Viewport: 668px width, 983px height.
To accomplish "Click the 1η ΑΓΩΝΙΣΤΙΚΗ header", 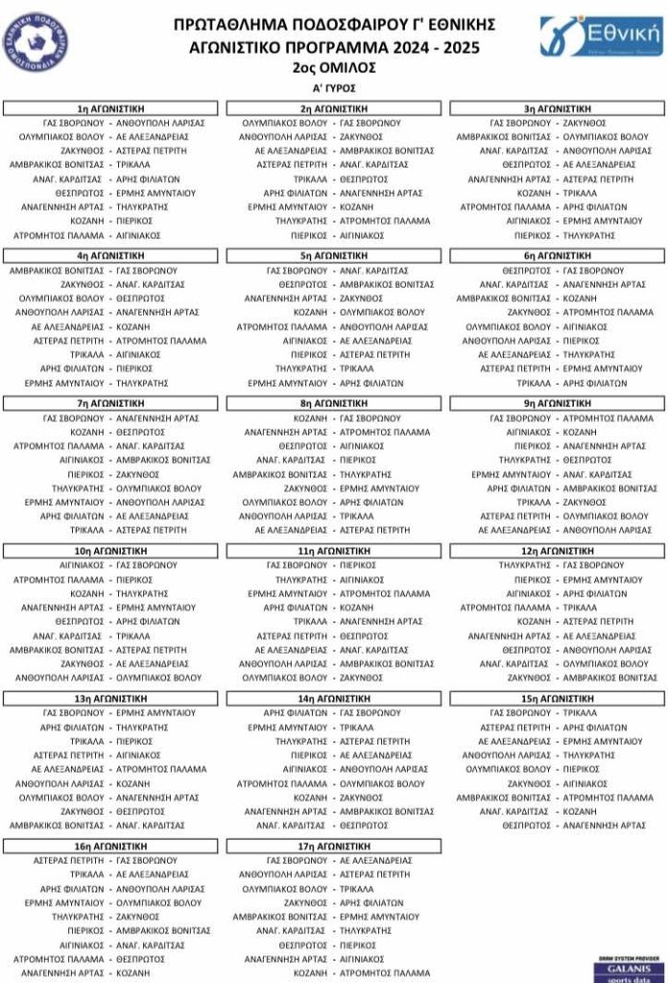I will (x=111, y=108).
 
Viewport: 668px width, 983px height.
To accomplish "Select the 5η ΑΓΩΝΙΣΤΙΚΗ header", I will (x=334, y=256).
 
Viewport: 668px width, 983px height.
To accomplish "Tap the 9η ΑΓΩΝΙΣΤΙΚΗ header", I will (x=557, y=403).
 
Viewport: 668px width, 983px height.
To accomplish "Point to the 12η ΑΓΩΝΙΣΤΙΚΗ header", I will (x=557, y=551).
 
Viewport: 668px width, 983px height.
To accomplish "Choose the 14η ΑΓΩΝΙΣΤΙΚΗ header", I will (x=334, y=699).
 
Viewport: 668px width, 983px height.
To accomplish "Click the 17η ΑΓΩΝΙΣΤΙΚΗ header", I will (x=334, y=847).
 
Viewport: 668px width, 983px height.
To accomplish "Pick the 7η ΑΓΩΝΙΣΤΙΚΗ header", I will (x=111, y=403).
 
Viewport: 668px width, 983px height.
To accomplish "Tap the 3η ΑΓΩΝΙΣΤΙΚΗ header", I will (x=557, y=108).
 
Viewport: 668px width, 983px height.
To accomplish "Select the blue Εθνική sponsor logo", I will (x=601, y=36).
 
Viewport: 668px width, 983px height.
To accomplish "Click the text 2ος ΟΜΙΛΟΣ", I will (x=334, y=68).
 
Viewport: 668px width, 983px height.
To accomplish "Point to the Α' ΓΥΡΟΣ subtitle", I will (x=334, y=88).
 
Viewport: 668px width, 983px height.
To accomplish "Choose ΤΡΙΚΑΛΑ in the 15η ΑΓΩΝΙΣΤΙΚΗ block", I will (x=580, y=713).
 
